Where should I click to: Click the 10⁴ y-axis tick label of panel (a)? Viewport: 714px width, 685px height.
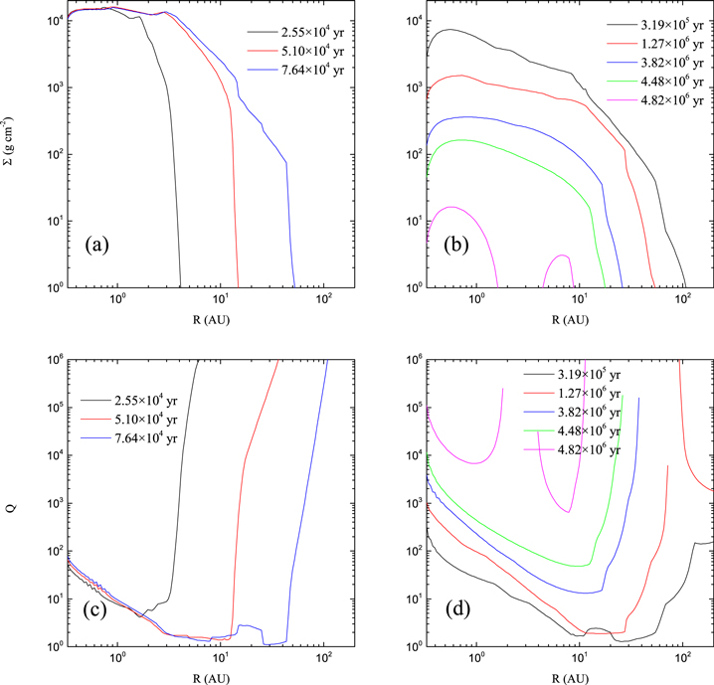tap(53, 20)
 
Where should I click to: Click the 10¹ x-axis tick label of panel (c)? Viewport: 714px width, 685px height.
tap(221, 657)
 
